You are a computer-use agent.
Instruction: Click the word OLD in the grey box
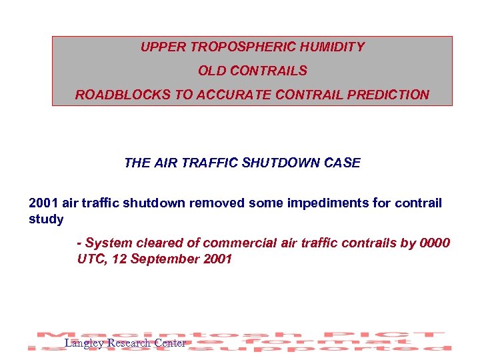211,71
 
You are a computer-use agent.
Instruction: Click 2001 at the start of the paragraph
43,203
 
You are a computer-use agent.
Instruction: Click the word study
46,219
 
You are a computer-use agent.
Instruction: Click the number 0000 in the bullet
435,243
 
